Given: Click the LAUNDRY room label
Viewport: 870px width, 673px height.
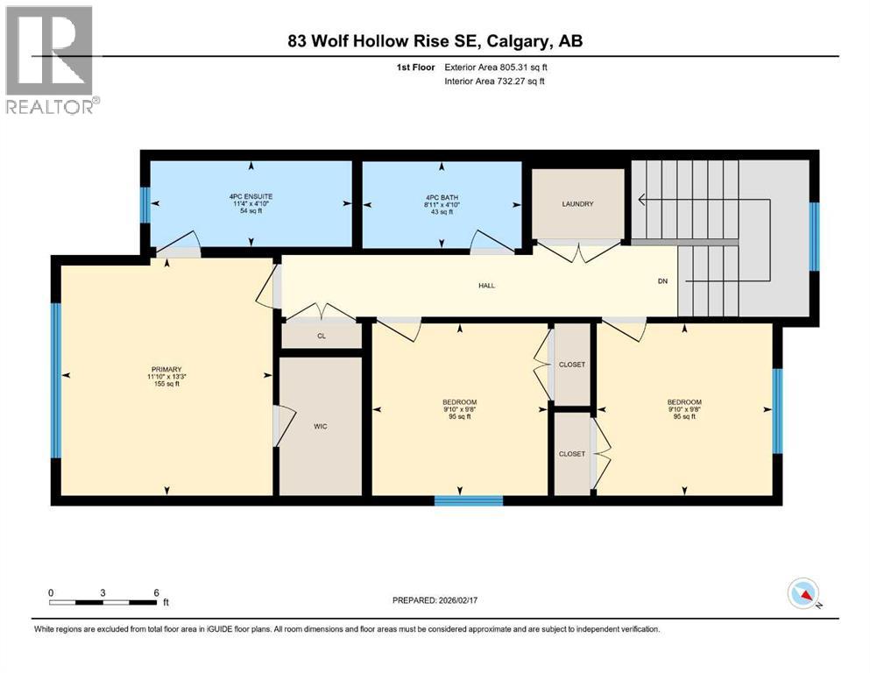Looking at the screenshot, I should (x=577, y=204).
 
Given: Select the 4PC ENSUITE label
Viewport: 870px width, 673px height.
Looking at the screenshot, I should (x=251, y=195).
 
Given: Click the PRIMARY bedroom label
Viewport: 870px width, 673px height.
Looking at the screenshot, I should (x=165, y=369).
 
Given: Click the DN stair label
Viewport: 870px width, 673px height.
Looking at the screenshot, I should (x=663, y=281).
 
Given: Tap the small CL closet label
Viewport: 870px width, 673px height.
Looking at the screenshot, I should (x=321, y=335).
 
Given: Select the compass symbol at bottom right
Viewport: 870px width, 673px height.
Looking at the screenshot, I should (x=803, y=595).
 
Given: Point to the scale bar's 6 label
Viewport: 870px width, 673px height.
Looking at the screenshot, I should (x=156, y=592).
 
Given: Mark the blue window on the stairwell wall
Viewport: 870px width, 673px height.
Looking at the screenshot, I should (x=813, y=236).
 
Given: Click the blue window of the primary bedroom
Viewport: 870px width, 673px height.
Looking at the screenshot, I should (x=56, y=380).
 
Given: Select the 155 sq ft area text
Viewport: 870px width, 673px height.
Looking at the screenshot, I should (x=165, y=385).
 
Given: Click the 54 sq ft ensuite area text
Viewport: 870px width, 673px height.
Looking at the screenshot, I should (x=251, y=211).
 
